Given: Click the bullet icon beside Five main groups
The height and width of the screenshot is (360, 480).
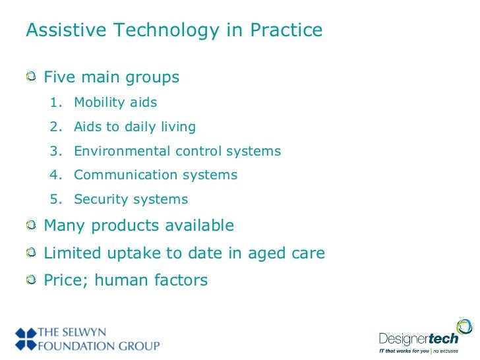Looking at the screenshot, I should tap(31, 78).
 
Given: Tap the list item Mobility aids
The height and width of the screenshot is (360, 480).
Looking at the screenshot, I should tap(115, 103).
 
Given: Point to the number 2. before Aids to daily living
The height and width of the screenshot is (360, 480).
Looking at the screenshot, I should tap(55, 127).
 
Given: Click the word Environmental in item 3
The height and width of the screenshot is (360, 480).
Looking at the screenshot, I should tap(123, 151).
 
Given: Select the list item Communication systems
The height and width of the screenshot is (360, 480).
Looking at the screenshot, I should tap(156, 175).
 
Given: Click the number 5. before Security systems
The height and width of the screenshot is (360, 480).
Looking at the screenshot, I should tap(55, 200).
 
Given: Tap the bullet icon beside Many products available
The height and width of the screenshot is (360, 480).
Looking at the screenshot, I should tap(31, 226).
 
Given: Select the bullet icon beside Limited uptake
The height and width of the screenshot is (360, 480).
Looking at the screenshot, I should tap(31, 254).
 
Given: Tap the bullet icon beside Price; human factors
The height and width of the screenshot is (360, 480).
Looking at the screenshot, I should tap(31, 281).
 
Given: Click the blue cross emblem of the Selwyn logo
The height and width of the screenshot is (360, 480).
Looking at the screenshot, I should tap(27, 338).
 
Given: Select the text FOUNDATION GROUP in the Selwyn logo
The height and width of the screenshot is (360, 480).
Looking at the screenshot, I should tap(100, 345).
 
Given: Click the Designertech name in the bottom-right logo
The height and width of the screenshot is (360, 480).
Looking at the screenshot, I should tap(422, 340).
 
